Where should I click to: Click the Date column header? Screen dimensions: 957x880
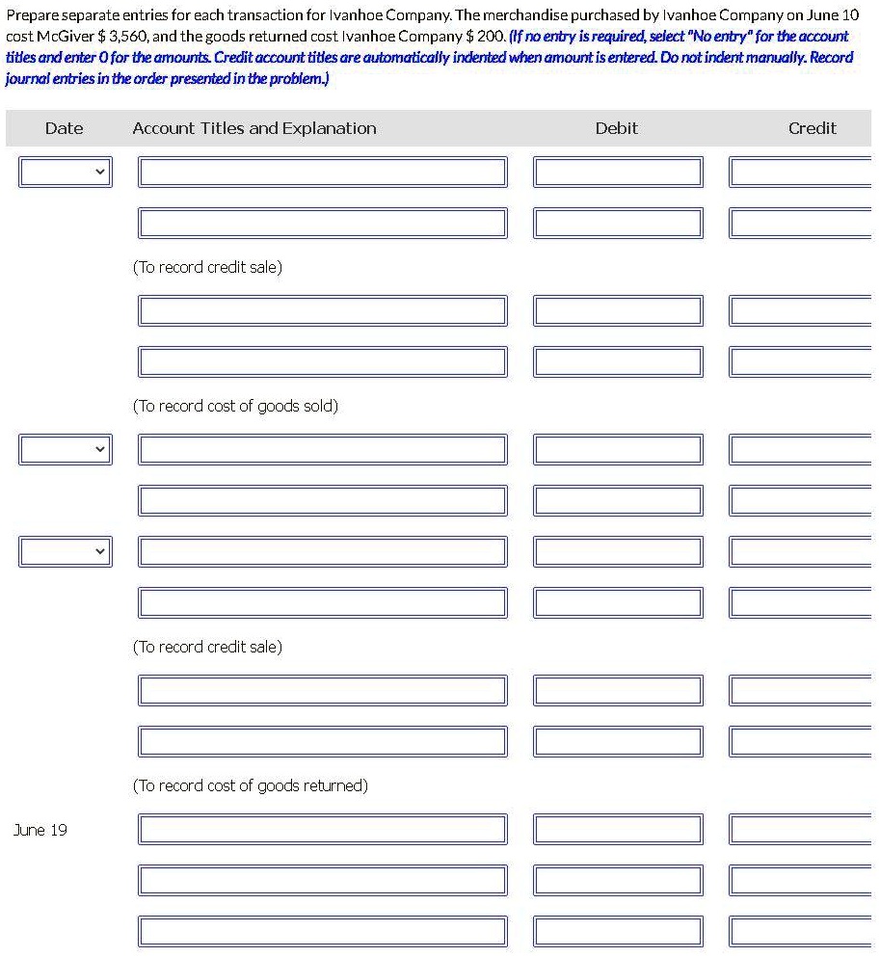pyautogui.click(x=64, y=128)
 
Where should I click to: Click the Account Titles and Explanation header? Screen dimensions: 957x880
pyautogui.click(x=254, y=128)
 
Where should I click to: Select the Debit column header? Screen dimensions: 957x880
pyautogui.click(x=616, y=128)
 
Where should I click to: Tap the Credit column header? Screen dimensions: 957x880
pyautogui.click(x=812, y=128)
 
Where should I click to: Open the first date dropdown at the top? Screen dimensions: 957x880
pyautogui.click(x=65, y=173)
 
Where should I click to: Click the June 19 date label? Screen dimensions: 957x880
pyautogui.click(x=40, y=830)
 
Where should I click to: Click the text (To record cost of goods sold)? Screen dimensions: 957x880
pyautogui.click(x=235, y=406)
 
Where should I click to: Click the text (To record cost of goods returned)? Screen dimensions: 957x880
pyautogui.click(x=250, y=785)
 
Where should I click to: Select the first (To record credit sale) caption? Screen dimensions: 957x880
pyautogui.click(x=207, y=267)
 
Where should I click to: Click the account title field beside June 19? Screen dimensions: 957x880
pyautogui.click(x=323, y=830)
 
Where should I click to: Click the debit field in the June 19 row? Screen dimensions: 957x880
pyautogui.click(x=618, y=830)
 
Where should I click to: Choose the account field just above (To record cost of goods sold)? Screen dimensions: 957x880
pyautogui.click(x=323, y=361)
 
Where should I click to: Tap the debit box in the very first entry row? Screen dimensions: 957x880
pyautogui.click(x=618, y=173)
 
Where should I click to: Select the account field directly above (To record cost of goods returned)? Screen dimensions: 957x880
pyautogui.click(x=323, y=741)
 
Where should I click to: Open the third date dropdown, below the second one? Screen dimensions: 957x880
pyautogui.click(x=65, y=552)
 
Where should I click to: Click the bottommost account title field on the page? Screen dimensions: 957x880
pyautogui.click(x=323, y=932)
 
